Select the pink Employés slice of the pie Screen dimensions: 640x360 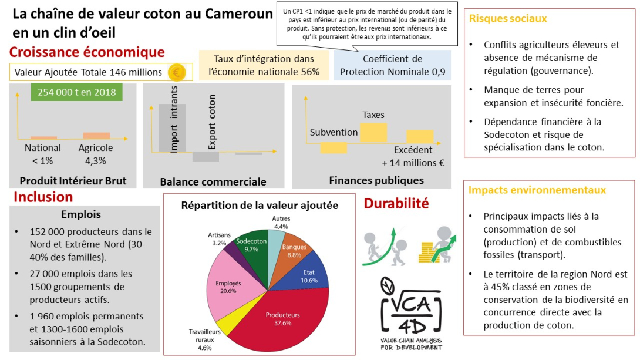click(231, 286)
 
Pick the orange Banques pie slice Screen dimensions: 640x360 click(295, 250)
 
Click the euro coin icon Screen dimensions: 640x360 click(176, 73)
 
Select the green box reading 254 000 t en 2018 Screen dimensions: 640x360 click(77, 92)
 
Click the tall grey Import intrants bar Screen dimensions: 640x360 click(172, 128)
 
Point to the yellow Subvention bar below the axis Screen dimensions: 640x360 click(334, 148)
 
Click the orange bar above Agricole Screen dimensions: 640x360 click(96, 136)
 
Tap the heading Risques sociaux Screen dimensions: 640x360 click(508, 18)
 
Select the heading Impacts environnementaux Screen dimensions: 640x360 click(537, 190)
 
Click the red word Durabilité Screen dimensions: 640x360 click(396, 203)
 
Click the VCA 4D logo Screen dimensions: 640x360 click(411, 314)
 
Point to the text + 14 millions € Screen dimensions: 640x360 click(413, 163)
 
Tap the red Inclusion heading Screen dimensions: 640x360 click(43, 197)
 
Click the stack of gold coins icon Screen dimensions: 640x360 click(429, 253)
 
